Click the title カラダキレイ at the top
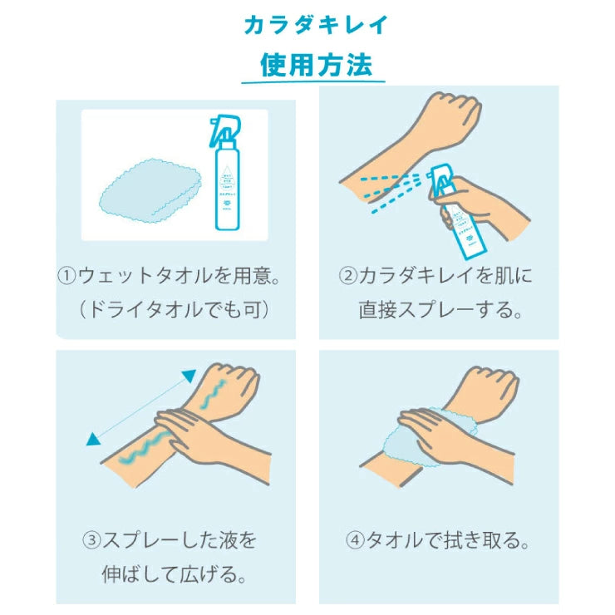(x=316, y=26)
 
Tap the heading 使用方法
(x=316, y=65)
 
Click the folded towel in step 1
(x=151, y=191)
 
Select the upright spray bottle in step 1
(x=226, y=173)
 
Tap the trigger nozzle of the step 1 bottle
(x=224, y=130)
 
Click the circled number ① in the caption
(x=66, y=275)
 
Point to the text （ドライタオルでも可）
(x=175, y=310)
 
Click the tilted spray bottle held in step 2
(x=457, y=212)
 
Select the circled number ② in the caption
(x=348, y=275)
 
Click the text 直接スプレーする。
(x=440, y=310)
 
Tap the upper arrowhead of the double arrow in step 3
(x=189, y=376)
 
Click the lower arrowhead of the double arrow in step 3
(x=93, y=440)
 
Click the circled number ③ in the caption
(x=91, y=540)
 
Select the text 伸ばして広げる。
(x=175, y=574)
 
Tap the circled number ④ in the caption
(x=355, y=540)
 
